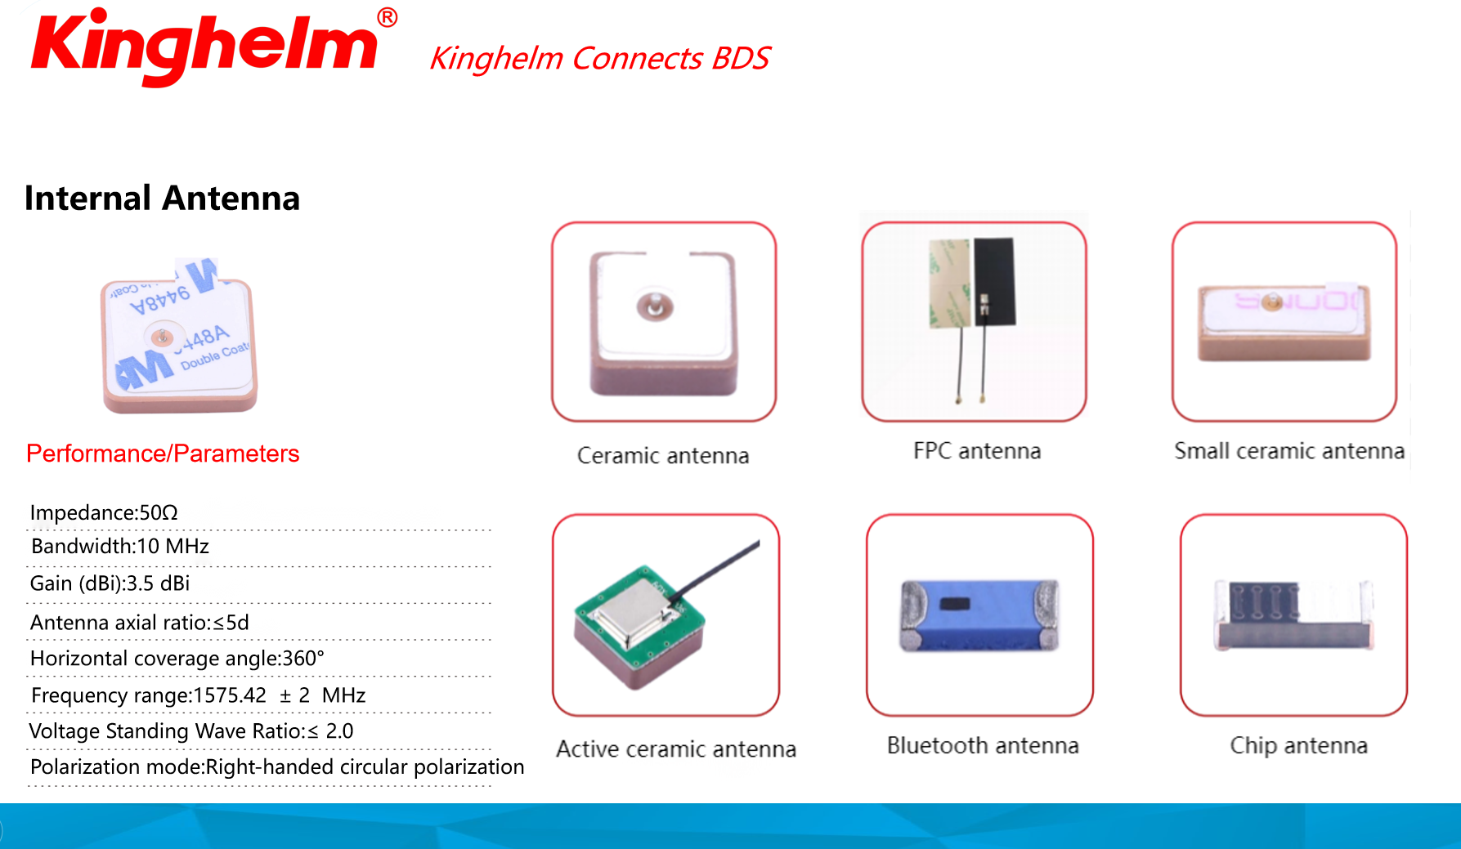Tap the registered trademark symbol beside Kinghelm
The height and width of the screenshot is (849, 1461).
click(x=388, y=17)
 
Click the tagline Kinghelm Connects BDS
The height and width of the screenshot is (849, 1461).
click(x=599, y=59)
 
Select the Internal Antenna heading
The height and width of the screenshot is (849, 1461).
click(x=162, y=199)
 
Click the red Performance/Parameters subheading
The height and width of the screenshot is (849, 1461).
click(x=163, y=454)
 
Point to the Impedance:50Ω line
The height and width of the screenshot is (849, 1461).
click(x=104, y=512)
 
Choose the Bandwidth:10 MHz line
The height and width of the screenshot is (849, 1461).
click(x=120, y=546)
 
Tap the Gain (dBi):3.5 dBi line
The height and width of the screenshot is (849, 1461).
click(x=110, y=583)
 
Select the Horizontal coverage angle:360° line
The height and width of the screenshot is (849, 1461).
click(x=177, y=659)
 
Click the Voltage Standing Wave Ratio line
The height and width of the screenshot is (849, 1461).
click(x=191, y=731)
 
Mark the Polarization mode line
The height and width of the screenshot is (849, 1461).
click(x=277, y=767)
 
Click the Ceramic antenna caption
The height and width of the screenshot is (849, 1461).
click(x=663, y=456)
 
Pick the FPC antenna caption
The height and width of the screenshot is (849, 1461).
click(x=977, y=451)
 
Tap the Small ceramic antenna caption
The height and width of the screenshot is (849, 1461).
click(x=1289, y=451)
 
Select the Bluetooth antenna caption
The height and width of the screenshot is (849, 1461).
click(x=983, y=745)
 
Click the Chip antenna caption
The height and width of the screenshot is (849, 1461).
click(x=1298, y=745)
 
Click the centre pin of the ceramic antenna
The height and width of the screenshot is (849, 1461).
click(x=655, y=307)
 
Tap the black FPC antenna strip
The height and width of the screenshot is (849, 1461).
click(x=993, y=281)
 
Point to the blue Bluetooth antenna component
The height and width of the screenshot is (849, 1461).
click(x=979, y=615)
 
